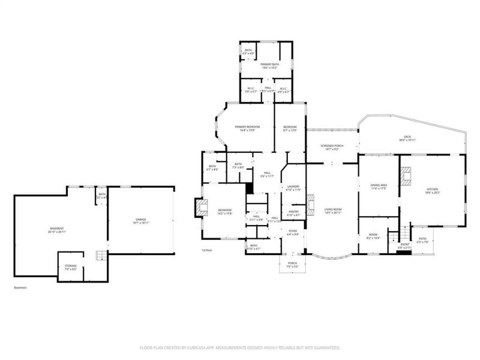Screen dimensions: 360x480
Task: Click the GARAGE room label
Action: click(140, 221)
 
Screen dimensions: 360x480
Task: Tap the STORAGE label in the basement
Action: click(71, 265)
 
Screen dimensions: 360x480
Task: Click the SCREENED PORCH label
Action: click(331, 146)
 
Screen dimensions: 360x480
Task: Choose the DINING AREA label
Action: click(378, 185)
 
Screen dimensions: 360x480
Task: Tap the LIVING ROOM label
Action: click(332, 210)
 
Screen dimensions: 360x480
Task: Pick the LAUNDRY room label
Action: click(293, 187)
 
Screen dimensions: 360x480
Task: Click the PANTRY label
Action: click(293, 211)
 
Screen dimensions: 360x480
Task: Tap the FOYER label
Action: click(293, 231)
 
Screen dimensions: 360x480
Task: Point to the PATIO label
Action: click(423, 239)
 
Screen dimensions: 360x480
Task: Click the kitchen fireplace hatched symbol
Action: click(407, 175)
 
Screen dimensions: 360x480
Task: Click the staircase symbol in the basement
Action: click(100, 256)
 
